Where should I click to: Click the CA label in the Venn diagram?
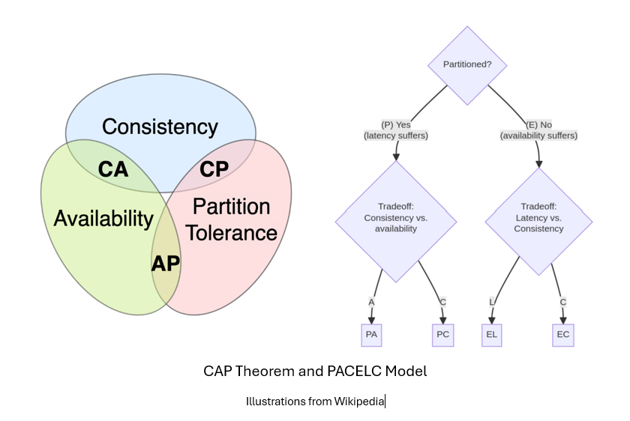point(113,169)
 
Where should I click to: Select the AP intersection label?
point(166,264)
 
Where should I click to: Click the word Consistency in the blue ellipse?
point(160,127)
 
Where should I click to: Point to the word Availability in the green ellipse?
point(103,219)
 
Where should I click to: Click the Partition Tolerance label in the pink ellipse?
point(232,219)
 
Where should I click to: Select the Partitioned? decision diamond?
point(467,64)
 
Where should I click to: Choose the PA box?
point(370,335)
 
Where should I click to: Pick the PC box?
point(442,335)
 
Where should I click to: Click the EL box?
point(491,335)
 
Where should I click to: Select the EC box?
point(562,335)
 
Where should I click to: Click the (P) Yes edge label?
point(395,130)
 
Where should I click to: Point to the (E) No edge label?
point(538,130)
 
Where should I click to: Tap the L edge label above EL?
point(491,302)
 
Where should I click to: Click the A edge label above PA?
point(370,302)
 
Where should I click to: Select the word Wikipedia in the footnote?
point(359,402)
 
